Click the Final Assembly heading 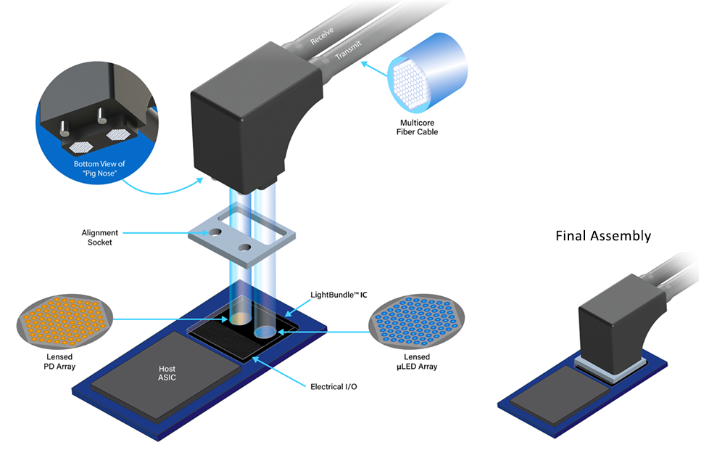coord(603,236)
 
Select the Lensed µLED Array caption coord(417,362)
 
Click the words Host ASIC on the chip coord(167,373)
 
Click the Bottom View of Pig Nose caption coord(99,168)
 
